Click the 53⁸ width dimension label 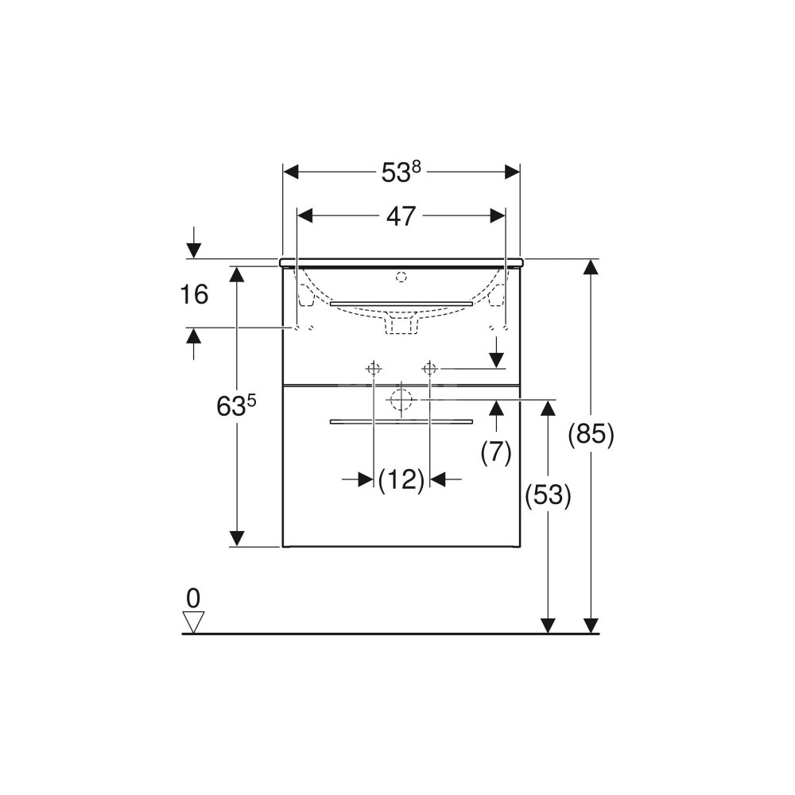(401, 173)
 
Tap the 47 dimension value (401, 216)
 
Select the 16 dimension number (194, 294)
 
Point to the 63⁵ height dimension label (237, 405)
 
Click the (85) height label (591, 435)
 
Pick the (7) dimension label (496, 452)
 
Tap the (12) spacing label (401, 479)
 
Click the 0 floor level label (193, 599)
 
